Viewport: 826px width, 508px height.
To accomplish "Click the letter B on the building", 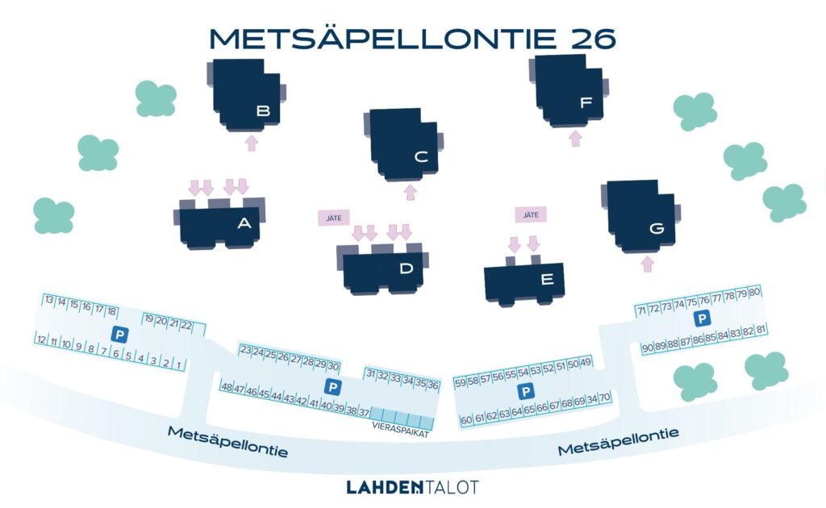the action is point(264,110).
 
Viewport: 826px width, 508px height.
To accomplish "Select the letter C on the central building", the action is point(421,156).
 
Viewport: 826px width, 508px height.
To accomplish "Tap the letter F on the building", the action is point(586,102).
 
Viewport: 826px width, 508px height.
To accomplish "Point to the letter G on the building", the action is point(657,228).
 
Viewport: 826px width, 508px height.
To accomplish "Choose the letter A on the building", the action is point(244,223).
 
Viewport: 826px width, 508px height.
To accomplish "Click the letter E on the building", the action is point(548,279).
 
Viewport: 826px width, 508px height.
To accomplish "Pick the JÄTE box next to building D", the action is point(334,218).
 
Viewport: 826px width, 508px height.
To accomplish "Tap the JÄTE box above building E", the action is point(531,214).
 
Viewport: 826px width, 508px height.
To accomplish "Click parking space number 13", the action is point(49,299).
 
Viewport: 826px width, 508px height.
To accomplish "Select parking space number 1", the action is point(179,364).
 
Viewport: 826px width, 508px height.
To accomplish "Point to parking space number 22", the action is point(186,325).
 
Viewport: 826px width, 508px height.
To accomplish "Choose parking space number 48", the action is point(226,387).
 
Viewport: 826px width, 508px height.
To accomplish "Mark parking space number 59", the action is point(460,383).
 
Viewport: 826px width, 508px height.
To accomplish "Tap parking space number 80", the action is point(754,292).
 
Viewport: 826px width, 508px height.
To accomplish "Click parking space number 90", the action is point(648,348).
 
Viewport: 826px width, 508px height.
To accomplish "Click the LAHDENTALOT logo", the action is point(412,487).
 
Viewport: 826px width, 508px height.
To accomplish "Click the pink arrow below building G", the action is point(648,264).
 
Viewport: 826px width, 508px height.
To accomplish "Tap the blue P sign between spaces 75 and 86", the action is point(702,319).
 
